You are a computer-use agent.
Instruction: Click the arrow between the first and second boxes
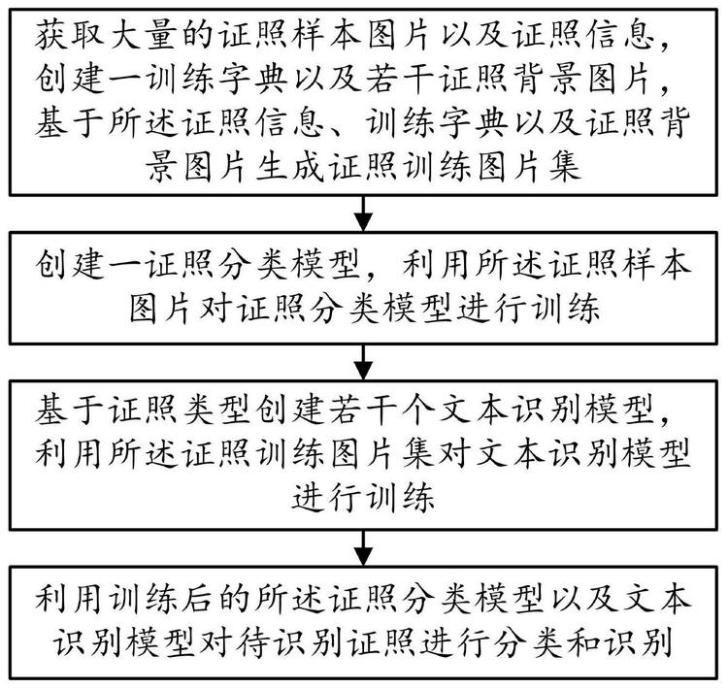pos(364,213)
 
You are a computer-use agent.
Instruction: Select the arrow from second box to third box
pos(364,362)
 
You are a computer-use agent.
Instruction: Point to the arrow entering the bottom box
pos(364,548)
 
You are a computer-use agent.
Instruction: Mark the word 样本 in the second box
pos(657,265)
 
